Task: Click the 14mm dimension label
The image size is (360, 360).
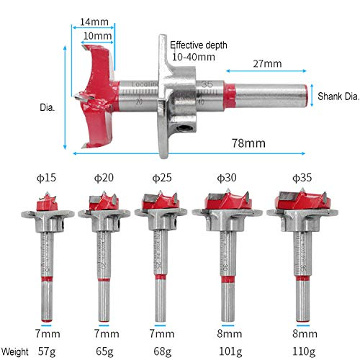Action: pos(94,22)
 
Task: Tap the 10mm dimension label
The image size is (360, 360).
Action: pos(97,36)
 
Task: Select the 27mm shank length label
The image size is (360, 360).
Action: pos(267,63)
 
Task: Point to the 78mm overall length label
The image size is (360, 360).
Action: pos(248,143)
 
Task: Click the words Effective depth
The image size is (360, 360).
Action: pos(199,45)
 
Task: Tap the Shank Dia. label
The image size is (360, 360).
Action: pos(338,96)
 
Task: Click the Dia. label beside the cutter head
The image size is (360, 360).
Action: pos(48,107)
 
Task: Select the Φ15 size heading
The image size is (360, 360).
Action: pos(46,178)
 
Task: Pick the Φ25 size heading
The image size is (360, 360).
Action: pos(162,178)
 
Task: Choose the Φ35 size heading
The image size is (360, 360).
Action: pos(302,178)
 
